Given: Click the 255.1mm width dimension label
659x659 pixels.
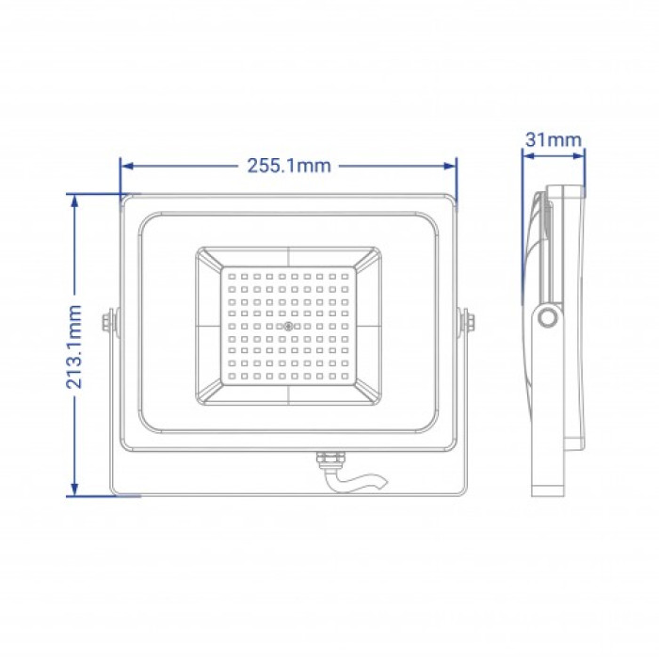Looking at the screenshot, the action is pos(289,166).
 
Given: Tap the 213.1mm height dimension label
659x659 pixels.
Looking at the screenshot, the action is pos(74,346).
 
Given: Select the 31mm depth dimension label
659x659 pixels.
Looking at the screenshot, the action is pos(554,140).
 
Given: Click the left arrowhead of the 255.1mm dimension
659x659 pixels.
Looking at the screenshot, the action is pos(127,166).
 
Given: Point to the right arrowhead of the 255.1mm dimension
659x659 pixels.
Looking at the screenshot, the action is pos(450,166).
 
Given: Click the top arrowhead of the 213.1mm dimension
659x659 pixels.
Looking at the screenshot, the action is pos(74,201).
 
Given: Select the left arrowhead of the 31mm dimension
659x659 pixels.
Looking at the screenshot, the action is pos(528,156).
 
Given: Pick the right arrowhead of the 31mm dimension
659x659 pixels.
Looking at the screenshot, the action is pos(579,156).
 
